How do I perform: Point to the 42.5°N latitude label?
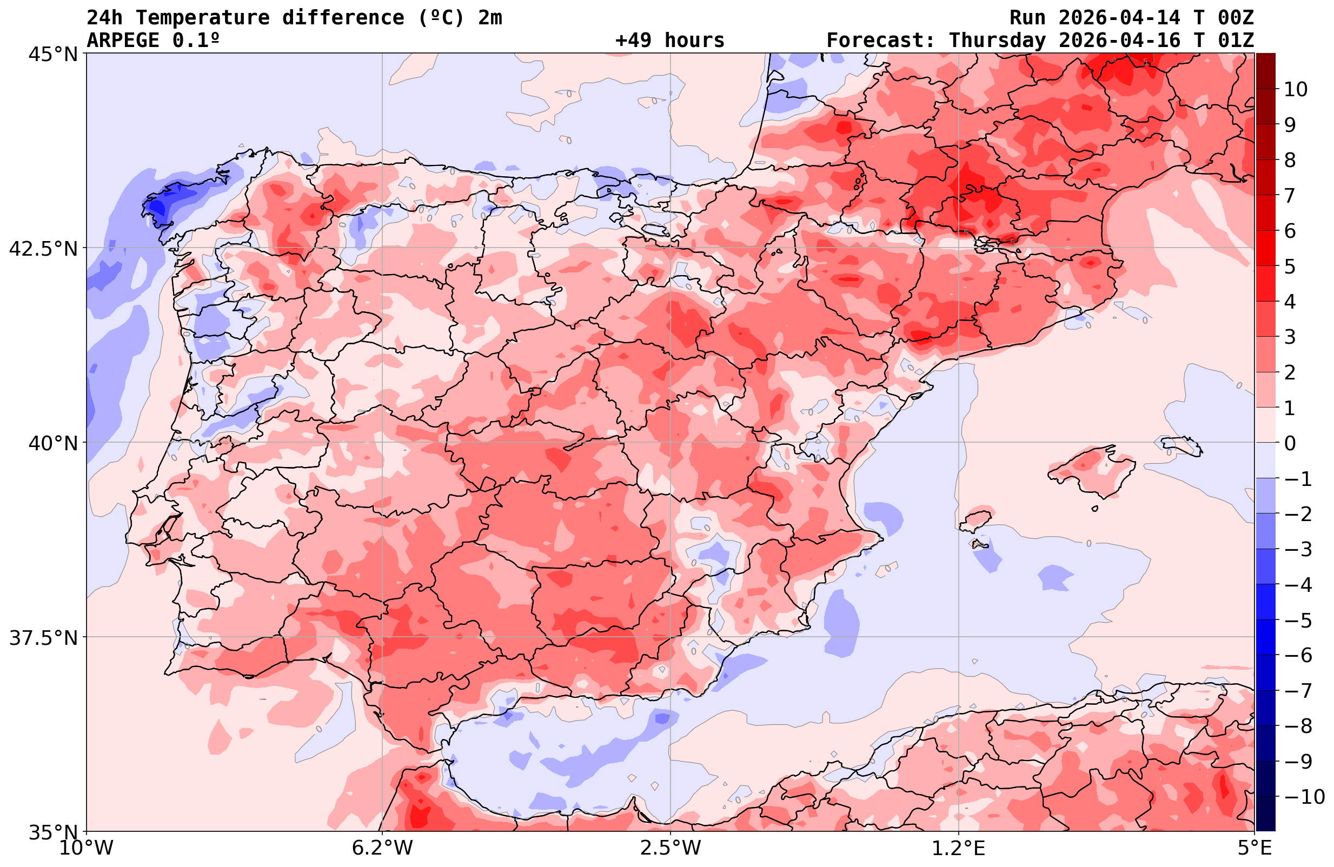43,248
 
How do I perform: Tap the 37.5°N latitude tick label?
43,638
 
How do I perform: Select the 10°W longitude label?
87,848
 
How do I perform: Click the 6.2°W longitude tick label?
382,848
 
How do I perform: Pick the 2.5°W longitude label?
671,848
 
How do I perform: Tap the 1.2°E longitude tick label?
959,848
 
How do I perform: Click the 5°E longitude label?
1254,848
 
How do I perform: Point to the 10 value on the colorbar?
1295,89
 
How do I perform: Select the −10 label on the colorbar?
1303,796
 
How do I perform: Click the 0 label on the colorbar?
1290,443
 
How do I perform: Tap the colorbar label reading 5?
1290,266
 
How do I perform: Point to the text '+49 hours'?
669,41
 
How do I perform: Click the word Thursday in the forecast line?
997,41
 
